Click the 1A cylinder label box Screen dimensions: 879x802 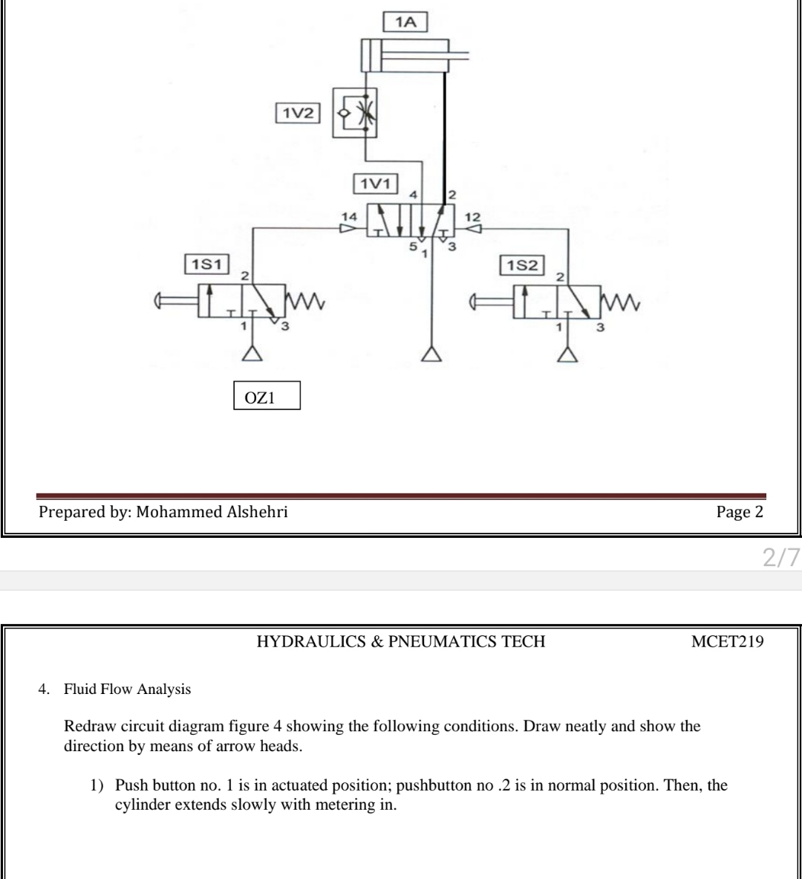click(x=405, y=22)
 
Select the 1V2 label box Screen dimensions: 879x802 click(x=297, y=113)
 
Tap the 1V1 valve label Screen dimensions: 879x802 click(x=376, y=183)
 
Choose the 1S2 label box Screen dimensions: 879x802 click(x=524, y=265)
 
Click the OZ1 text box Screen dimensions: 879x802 click(x=267, y=396)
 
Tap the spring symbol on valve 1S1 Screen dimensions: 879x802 click(x=302, y=302)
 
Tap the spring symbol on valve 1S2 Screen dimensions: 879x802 click(x=622, y=302)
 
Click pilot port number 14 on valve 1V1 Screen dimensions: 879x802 click(x=348, y=215)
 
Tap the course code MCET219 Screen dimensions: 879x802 click(x=727, y=642)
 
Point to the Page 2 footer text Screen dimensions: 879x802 click(x=740, y=511)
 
